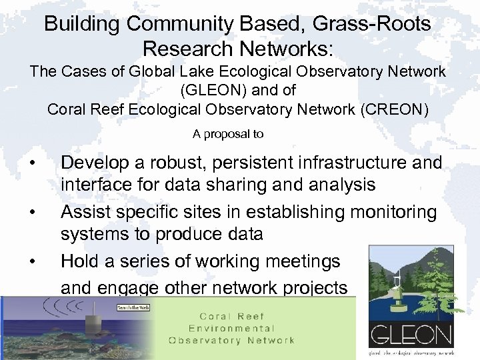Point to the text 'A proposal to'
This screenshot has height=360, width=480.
(228, 134)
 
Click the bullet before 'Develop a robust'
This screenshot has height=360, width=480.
(33, 163)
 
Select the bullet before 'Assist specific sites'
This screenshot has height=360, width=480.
(33, 213)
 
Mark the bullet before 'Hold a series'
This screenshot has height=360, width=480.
(33, 262)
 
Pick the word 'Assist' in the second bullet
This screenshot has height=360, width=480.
(84, 212)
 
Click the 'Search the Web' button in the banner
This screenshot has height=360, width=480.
(132, 307)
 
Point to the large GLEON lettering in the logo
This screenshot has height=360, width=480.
(411, 335)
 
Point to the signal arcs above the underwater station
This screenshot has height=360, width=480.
(63, 308)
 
